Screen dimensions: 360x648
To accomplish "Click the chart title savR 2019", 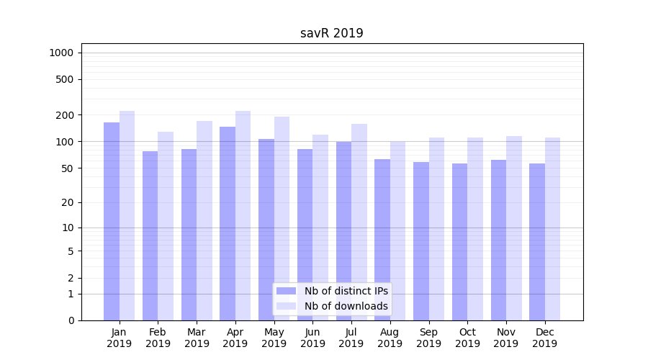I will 331,34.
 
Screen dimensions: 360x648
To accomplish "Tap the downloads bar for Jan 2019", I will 127,215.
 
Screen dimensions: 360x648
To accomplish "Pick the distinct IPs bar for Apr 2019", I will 228,223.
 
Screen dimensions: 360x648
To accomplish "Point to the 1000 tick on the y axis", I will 61,53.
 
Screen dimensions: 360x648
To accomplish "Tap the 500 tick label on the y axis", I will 65,79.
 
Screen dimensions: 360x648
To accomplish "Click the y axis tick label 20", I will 68,202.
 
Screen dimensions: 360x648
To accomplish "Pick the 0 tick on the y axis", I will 71,320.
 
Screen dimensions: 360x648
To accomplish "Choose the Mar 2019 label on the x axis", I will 197,338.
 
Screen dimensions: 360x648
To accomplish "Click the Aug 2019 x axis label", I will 390,338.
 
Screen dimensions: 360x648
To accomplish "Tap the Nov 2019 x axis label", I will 506,338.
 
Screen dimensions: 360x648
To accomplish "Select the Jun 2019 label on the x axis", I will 312,338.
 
